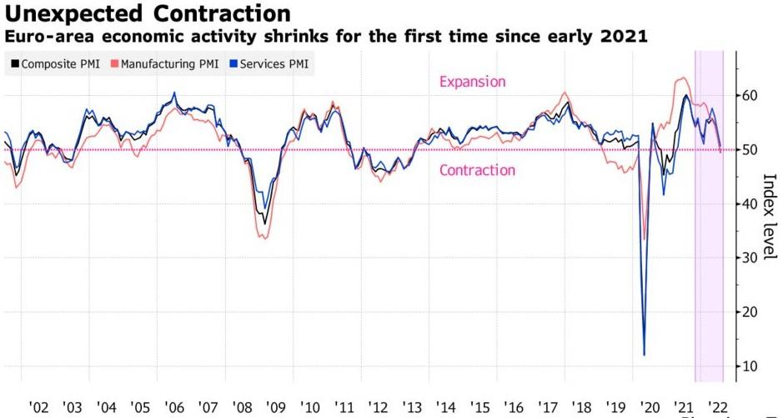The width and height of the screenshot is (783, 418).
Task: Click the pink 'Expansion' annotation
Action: [x=472, y=82]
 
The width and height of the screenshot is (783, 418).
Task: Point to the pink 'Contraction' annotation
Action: [x=477, y=170]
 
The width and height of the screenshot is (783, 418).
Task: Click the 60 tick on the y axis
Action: [x=750, y=96]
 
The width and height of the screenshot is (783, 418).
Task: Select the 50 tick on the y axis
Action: [x=750, y=150]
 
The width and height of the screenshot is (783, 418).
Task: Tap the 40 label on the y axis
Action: [x=750, y=204]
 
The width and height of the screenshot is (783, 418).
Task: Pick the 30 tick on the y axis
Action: [x=750, y=258]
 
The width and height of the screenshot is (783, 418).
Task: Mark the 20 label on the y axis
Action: [x=750, y=312]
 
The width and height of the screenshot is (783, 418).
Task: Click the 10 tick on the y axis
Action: [x=750, y=366]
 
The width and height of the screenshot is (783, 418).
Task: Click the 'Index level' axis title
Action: [x=769, y=216]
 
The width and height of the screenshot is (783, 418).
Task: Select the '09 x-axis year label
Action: [x=275, y=408]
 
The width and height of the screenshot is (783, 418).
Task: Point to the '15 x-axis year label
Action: [x=479, y=408]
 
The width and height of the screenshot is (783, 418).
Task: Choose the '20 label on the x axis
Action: [x=649, y=408]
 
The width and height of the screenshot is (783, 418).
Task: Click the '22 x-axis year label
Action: [x=716, y=408]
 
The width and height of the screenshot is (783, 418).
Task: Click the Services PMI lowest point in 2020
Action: [x=644, y=355]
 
